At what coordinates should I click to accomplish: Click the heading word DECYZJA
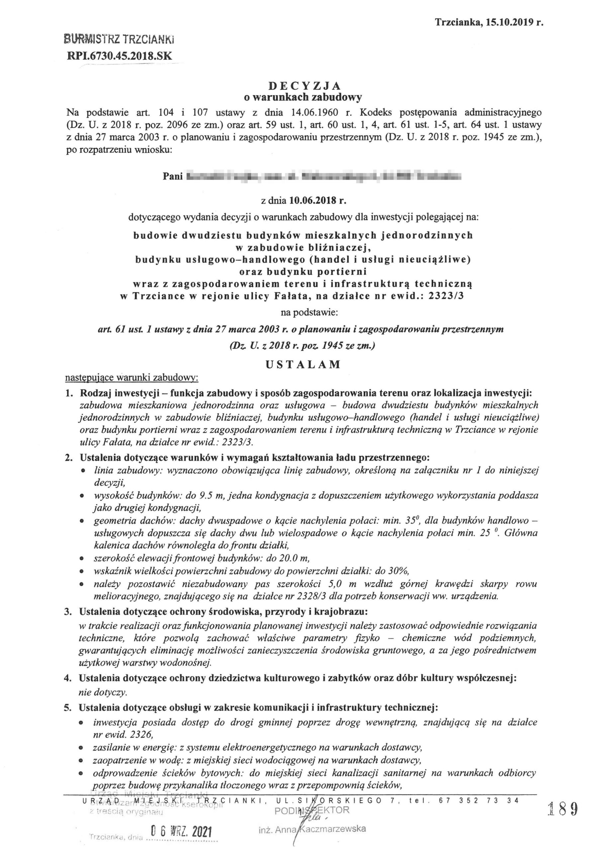[304, 86]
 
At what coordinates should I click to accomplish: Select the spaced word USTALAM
[303, 364]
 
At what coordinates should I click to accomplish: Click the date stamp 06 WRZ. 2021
[180, 830]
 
